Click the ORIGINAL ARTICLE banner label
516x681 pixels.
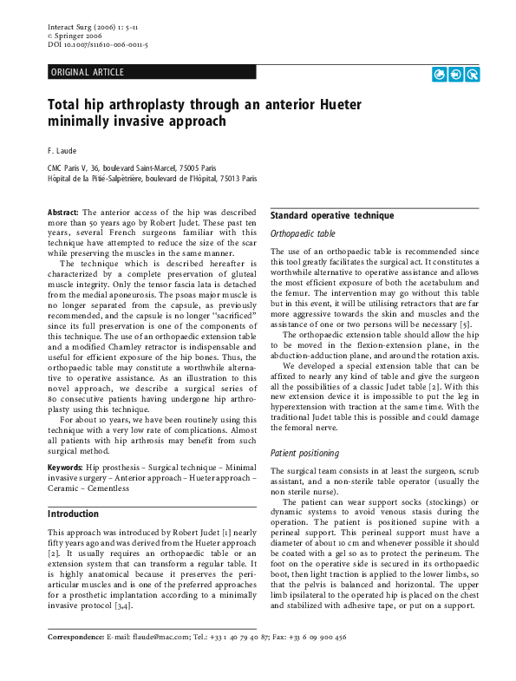(88, 72)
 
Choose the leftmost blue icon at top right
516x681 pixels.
(439, 75)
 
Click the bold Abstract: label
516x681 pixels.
(62, 212)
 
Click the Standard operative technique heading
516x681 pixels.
(332, 215)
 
